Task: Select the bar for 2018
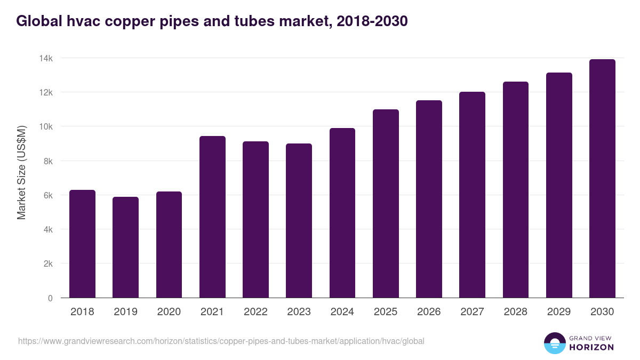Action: tap(82, 244)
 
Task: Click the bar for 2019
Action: tap(125, 247)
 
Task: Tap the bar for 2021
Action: tap(212, 217)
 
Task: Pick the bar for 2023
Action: tap(299, 221)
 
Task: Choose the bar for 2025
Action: tap(386, 204)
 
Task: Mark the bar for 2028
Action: tap(516, 190)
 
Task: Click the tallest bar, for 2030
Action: tap(602, 179)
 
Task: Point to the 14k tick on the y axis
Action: tap(45, 58)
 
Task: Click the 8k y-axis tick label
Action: tap(47, 161)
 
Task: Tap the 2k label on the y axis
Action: tap(47, 264)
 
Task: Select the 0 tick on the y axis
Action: tap(50, 298)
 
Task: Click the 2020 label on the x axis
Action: tap(169, 312)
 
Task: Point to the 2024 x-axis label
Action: tap(342, 312)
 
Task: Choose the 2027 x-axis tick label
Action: tap(472, 312)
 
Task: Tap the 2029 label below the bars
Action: tap(559, 312)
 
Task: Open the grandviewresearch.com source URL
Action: tap(221, 341)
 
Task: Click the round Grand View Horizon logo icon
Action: tap(554, 343)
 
